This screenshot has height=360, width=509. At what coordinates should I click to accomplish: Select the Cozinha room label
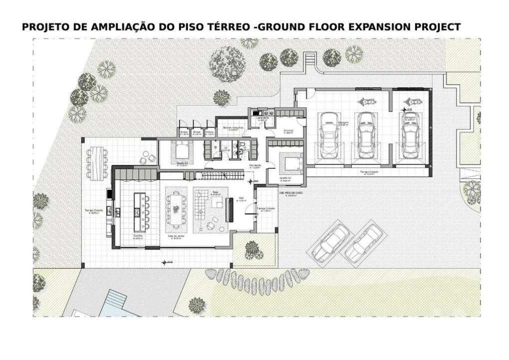pyautogui.click(x=138, y=235)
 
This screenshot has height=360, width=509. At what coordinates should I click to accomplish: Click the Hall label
pyautogui.click(x=241, y=199)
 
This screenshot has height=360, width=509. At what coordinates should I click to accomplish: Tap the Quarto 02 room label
pyautogui.click(x=285, y=178)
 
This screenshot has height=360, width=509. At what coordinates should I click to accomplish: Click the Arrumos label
pyautogui.click(x=288, y=131)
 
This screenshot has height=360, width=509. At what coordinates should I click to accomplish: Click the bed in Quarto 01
pyautogui.click(x=182, y=149)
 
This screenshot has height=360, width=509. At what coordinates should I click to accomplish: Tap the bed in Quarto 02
pyautogui.click(x=291, y=163)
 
